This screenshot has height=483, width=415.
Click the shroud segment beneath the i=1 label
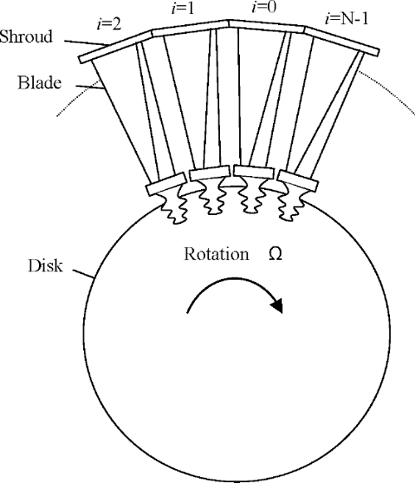coord(191,33)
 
